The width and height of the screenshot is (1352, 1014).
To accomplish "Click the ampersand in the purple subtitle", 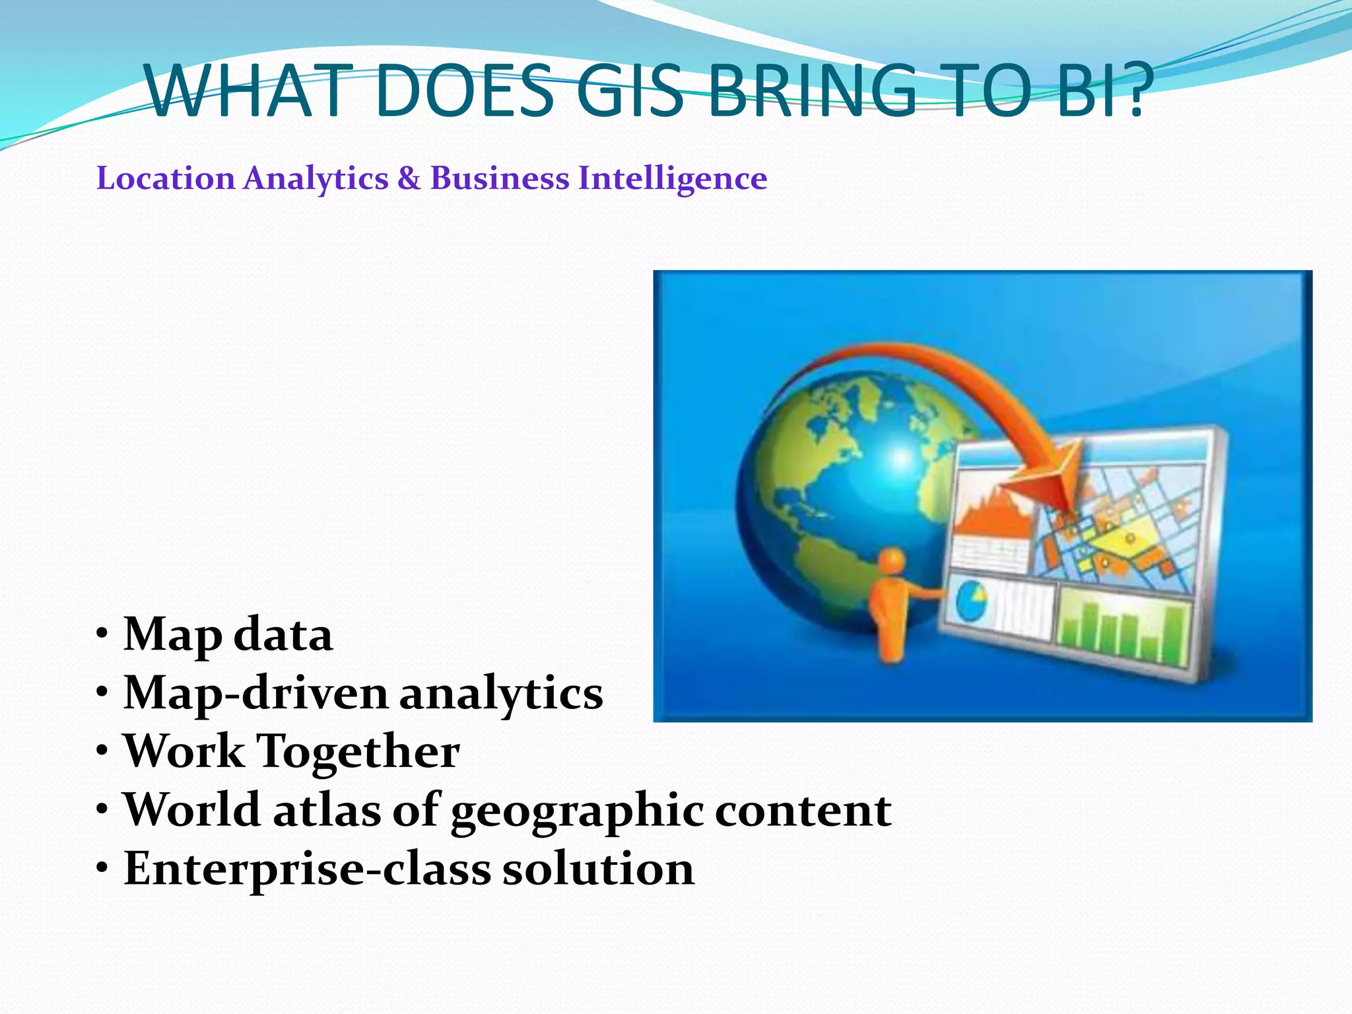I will pos(409,178).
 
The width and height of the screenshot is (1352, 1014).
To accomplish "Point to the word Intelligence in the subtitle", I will pos(673,179).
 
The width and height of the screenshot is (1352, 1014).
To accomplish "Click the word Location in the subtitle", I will pos(166,178).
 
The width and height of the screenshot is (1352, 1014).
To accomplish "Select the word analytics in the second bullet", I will pos(501,694).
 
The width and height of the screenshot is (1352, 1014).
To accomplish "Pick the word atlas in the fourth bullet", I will pos(327,810).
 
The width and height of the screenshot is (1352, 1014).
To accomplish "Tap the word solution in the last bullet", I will pos(598,869).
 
